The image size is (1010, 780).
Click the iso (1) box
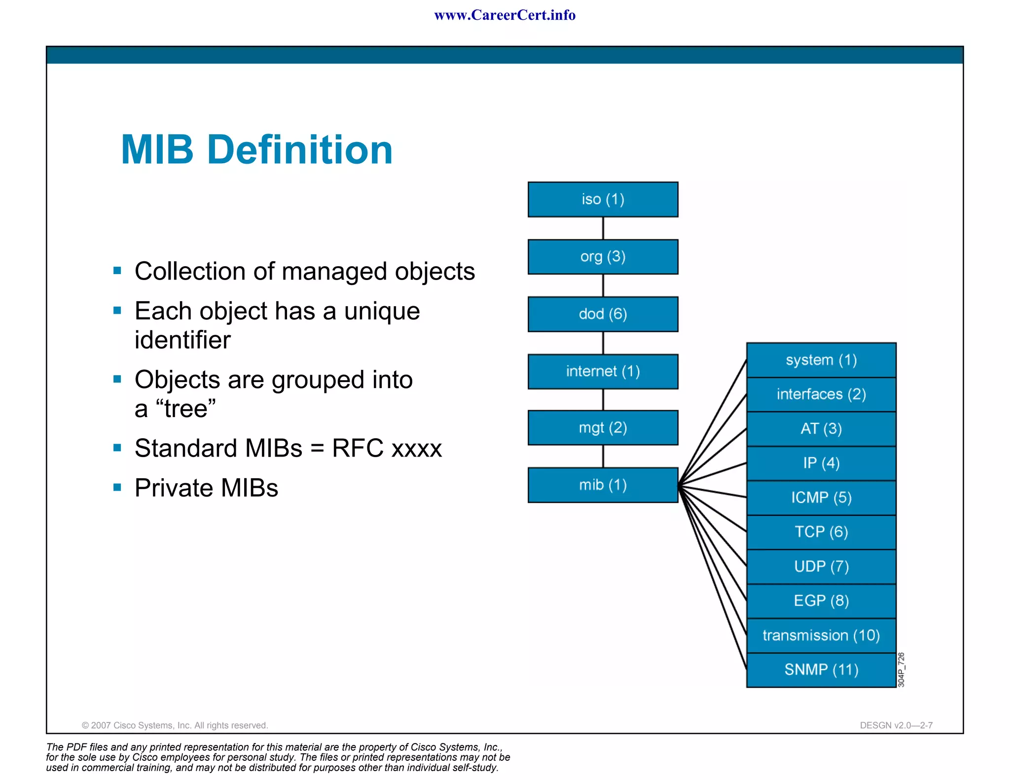pos(603,199)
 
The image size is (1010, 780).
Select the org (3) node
pos(603,256)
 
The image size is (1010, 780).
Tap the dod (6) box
pos(603,314)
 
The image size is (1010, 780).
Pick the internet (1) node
pos(603,371)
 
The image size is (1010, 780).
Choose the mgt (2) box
pos(603,427)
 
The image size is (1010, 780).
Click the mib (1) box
pos(603,485)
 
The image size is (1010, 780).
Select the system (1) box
pos(821,360)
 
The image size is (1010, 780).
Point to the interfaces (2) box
pos(821,394)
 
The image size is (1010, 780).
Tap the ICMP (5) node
pos(821,497)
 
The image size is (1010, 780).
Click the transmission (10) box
pos(821,636)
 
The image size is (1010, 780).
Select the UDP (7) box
pos(821,567)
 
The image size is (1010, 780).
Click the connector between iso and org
pos(603,228)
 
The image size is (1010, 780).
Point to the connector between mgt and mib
pos(603,456)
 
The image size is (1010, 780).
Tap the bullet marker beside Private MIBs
pos(117,488)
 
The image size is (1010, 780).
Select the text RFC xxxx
pos(387,448)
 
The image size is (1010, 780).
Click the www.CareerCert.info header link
pos(505,15)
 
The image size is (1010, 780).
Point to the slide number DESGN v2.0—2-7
pos(896,725)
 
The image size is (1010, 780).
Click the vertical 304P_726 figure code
pos(901,670)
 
